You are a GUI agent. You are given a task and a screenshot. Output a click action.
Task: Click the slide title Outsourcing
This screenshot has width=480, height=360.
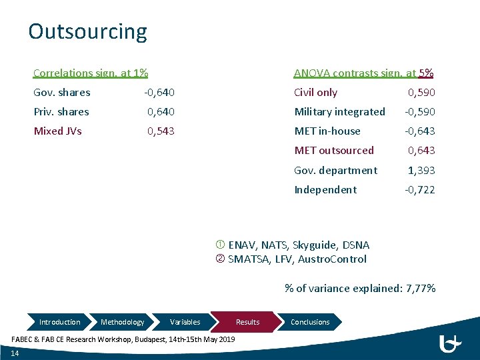coord(87,31)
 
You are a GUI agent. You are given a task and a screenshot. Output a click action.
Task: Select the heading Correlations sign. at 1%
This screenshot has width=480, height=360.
coord(91,73)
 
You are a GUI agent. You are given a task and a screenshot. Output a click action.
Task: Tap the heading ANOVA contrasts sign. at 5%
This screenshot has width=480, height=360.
coord(364,73)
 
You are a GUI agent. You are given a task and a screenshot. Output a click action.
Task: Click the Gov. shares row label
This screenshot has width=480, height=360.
coord(62,93)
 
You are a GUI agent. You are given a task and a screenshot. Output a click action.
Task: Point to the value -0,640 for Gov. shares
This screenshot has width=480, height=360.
coord(159,93)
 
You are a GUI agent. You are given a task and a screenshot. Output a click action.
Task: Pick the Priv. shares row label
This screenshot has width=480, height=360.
coord(61,112)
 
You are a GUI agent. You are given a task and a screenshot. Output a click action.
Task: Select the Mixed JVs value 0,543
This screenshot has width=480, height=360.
coord(161,131)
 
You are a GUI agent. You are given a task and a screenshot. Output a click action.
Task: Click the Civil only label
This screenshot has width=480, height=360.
coord(315,93)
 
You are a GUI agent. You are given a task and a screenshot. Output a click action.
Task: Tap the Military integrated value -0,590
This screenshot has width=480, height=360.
coord(420,112)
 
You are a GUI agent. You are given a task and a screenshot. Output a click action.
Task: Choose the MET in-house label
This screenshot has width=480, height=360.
coord(327,131)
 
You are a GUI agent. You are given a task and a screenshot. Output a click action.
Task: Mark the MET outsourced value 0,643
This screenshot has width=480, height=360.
coord(421,151)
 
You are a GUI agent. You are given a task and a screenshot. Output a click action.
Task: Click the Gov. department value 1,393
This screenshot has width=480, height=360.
coord(421,171)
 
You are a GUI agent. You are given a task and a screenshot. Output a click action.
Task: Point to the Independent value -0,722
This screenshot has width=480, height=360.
coord(420,190)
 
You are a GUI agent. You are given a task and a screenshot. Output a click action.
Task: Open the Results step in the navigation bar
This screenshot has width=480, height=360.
coord(247,322)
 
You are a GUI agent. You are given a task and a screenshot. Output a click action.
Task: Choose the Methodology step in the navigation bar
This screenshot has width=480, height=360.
coord(122,322)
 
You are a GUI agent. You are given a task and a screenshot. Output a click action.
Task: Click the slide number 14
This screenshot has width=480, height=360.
coord(15,353)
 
